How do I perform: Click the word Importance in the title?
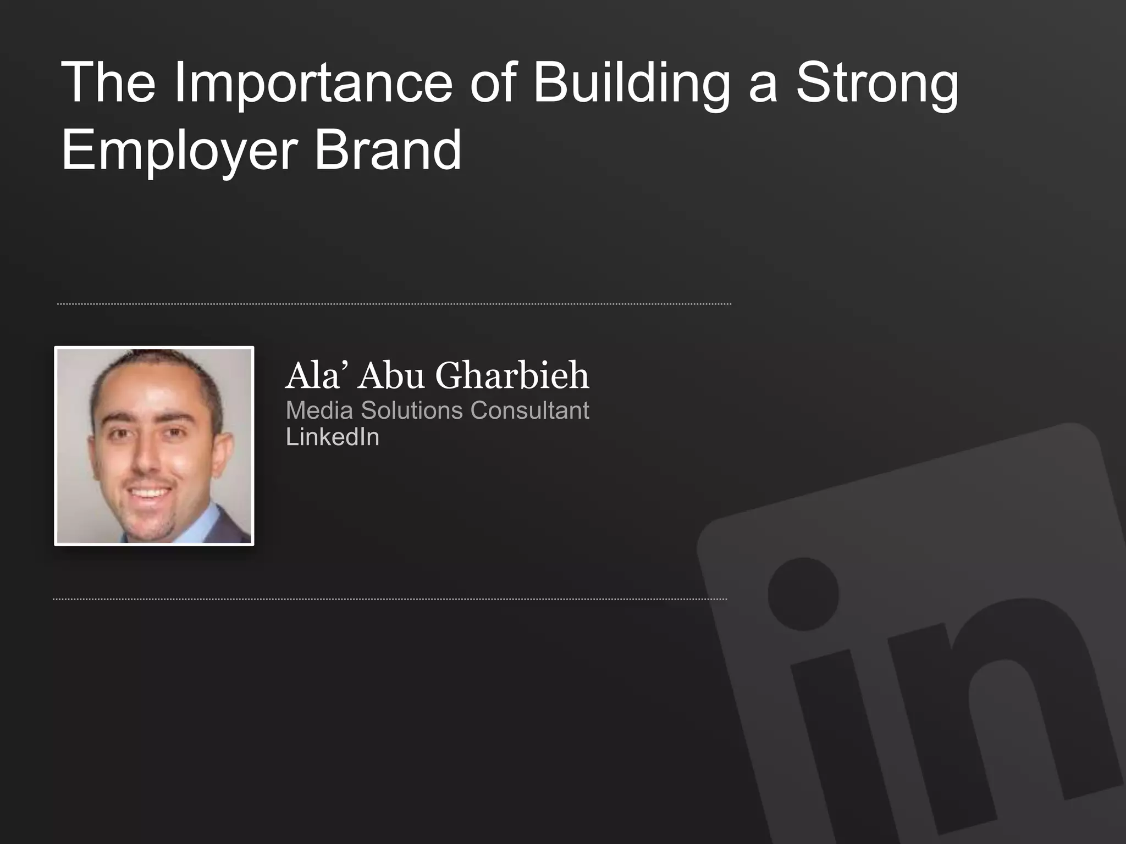coord(313,84)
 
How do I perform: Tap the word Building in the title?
coord(631,84)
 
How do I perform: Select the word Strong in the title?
coord(877,84)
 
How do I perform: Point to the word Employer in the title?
coord(179,151)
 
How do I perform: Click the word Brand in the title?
coord(388,149)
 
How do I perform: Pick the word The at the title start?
coord(108,84)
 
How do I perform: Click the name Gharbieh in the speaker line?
coord(512,376)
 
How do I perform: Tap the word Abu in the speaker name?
coord(391,376)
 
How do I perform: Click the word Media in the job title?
coord(319,410)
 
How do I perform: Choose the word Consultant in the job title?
coord(529,410)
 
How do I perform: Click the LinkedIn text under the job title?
coord(333,437)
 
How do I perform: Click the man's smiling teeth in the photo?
coord(150,491)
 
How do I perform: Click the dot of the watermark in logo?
coord(803,594)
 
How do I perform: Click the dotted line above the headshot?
coord(394,304)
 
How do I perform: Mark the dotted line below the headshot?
coord(390,599)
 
